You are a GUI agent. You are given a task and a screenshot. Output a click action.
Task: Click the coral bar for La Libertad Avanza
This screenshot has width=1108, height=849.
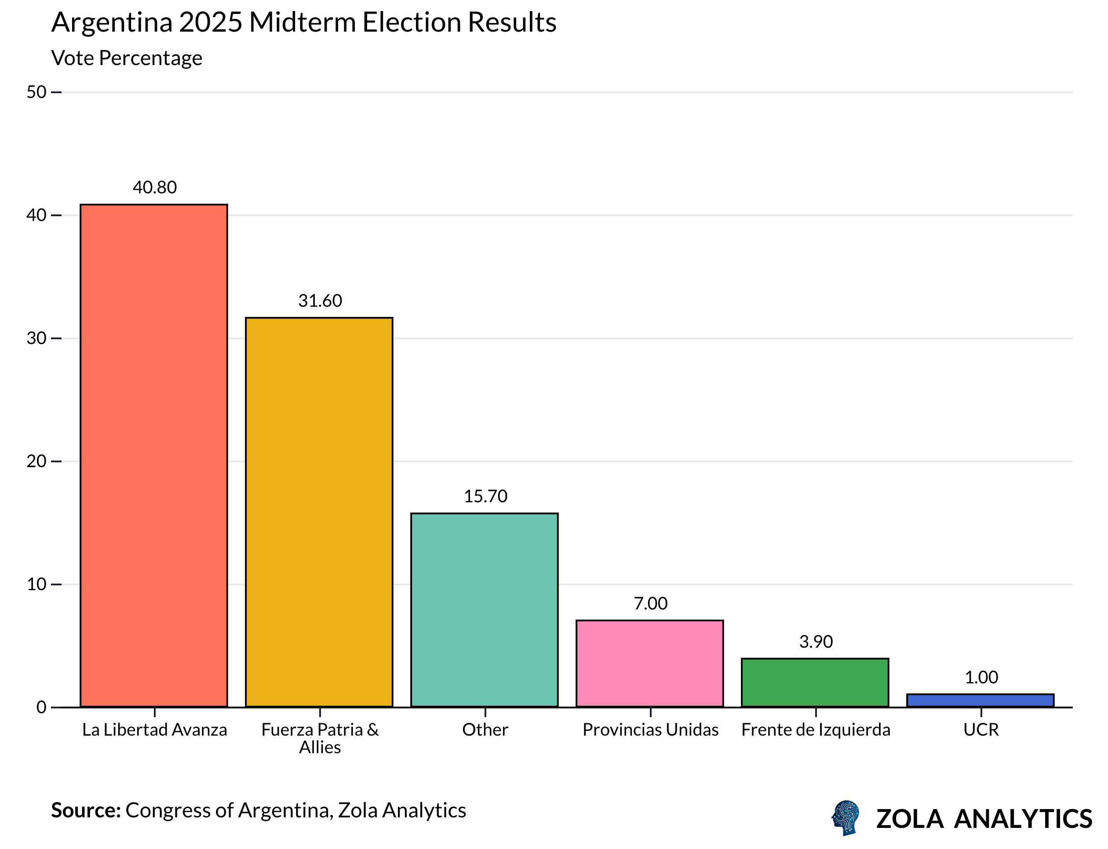[154, 455]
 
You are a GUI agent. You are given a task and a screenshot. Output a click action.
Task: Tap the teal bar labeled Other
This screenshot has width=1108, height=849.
[484, 610]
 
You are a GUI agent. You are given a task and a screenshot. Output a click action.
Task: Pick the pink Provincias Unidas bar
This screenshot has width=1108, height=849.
[649, 663]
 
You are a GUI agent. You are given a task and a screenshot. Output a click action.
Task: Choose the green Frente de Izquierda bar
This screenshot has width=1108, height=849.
[815, 682]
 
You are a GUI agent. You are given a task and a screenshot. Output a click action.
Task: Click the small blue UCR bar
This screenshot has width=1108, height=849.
[980, 700]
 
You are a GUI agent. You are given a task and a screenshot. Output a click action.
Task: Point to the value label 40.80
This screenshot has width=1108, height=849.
[155, 188]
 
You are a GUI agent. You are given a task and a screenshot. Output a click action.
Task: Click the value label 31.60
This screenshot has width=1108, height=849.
[320, 301]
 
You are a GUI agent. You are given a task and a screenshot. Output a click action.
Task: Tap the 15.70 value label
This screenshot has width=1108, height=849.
[485, 496]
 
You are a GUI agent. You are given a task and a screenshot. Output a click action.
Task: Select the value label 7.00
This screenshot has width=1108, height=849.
[650, 603]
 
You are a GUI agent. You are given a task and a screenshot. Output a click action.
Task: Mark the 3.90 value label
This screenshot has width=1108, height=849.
[815, 642]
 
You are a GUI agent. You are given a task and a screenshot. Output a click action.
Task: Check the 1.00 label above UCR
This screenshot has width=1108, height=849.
[981, 677]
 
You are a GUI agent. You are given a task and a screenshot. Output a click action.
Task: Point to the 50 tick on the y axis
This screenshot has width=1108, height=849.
[36, 92]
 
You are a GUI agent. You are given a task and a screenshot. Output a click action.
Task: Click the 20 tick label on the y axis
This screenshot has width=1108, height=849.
[36, 461]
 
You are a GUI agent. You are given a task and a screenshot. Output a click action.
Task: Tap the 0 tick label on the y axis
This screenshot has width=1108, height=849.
[41, 707]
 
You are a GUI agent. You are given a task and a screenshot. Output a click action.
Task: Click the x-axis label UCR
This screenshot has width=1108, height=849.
[981, 730]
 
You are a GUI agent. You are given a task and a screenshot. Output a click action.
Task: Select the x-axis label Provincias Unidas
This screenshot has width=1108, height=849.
[650, 730]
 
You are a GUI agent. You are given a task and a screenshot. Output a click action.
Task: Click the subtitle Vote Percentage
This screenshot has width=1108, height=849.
[127, 58]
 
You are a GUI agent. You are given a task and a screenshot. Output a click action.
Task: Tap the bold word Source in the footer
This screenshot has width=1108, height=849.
[85, 810]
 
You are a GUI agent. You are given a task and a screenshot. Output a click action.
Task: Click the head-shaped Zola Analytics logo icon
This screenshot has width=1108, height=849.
[845, 818]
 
